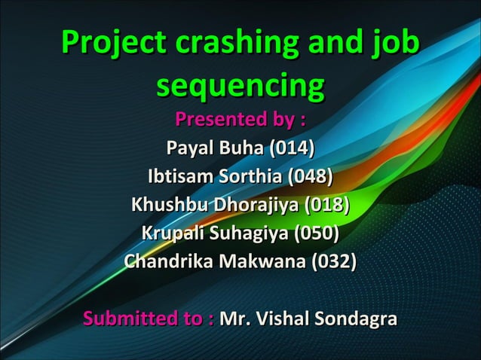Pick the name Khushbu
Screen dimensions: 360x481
click(x=170, y=206)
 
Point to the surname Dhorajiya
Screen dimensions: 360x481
click(x=256, y=206)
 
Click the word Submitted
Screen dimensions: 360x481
click(x=140, y=319)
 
